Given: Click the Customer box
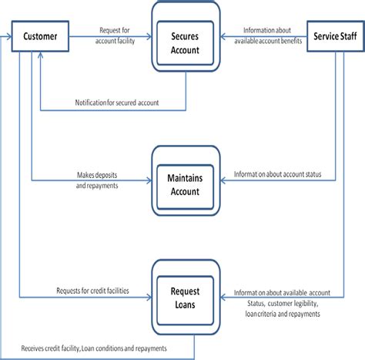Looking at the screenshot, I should pos(40,35).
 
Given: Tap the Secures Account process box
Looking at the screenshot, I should pos(184,43).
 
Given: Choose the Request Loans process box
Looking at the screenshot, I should pos(184,297).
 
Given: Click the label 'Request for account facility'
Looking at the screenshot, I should pos(118,35).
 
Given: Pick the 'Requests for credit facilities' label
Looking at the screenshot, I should pos(92,291).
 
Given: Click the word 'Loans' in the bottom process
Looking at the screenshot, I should pos(184,303).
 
